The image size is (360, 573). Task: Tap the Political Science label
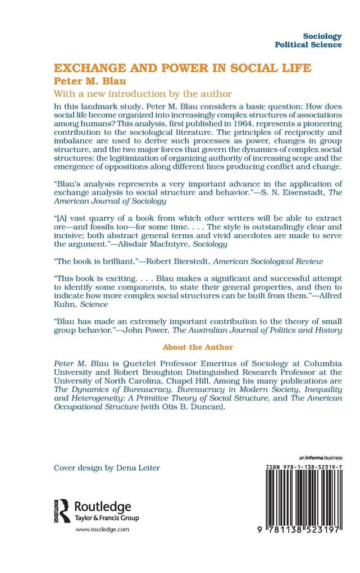click(308, 45)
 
